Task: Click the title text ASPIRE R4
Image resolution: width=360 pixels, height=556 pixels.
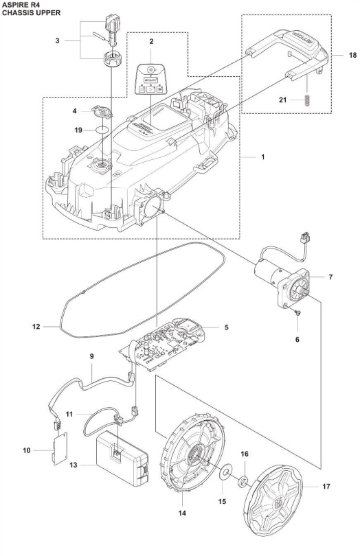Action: click(21, 4)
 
